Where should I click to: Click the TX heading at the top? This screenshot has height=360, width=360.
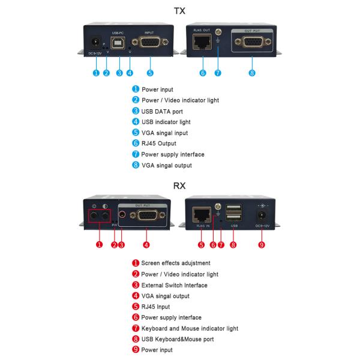tap(179, 11)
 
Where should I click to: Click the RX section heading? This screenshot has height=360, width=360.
tap(179, 185)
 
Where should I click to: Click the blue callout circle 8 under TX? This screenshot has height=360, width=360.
tap(252, 73)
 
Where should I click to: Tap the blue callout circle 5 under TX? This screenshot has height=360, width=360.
tap(149, 73)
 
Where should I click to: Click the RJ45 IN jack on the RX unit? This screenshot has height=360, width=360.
tap(201, 215)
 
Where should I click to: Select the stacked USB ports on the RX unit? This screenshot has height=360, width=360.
tap(234, 214)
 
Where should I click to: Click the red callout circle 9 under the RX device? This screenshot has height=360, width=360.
tap(262, 245)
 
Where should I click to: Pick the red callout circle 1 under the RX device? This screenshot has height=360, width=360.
tap(100, 245)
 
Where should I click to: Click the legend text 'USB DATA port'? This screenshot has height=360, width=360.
tap(162, 111)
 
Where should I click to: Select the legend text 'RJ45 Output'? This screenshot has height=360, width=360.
tap(159, 143)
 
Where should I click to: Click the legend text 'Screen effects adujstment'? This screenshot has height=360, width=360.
tap(175, 263)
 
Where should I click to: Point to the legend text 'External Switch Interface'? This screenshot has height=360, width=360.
tap(174, 285)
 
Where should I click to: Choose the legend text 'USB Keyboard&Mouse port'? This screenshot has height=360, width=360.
tap(177, 339)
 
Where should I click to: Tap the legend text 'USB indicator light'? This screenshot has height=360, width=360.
tap(166, 122)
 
